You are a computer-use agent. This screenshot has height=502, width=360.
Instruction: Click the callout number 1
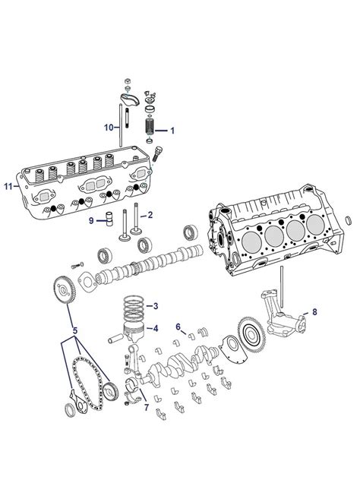pyautogui.click(x=172, y=131)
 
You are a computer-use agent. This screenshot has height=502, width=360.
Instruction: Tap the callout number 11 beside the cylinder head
pyautogui.click(x=8, y=185)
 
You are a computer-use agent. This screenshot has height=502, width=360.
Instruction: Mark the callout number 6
pyautogui.click(x=178, y=327)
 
